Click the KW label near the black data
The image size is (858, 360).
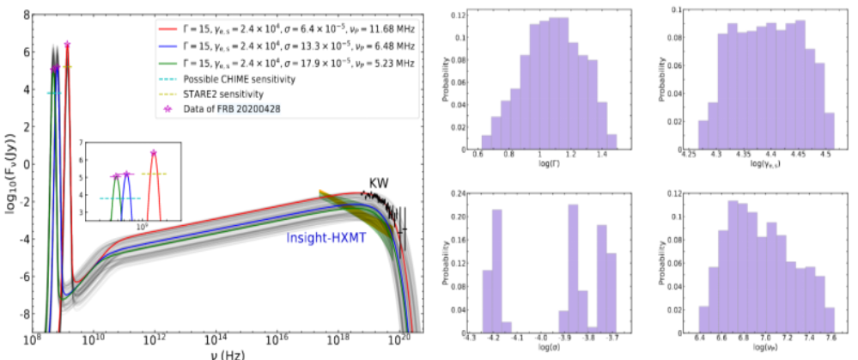(379, 183)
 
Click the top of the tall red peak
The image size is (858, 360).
(67, 44)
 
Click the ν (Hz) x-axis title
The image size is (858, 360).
(224, 355)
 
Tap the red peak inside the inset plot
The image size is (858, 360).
(154, 153)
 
